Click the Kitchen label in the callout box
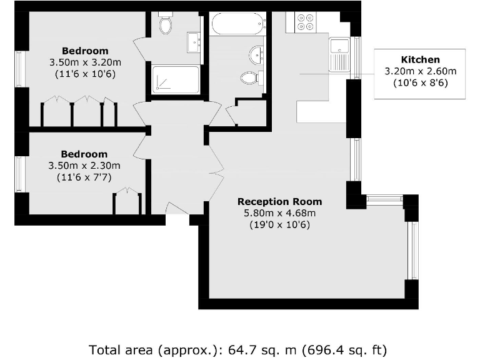click(x=420, y=60)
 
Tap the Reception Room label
click(x=279, y=202)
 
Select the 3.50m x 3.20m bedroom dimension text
click(x=84, y=62)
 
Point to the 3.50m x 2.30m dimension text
click(x=84, y=166)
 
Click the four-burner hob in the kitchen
click(x=306, y=22)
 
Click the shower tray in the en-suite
click(x=176, y=80)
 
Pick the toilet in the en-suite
click(x=166, y=25)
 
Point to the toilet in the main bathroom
click(x=249, y=77)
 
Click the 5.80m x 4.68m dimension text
click(x=279, y=213)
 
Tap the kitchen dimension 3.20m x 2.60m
click(x=420, y=71)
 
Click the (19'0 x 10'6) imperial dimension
click(x=279, y=224)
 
